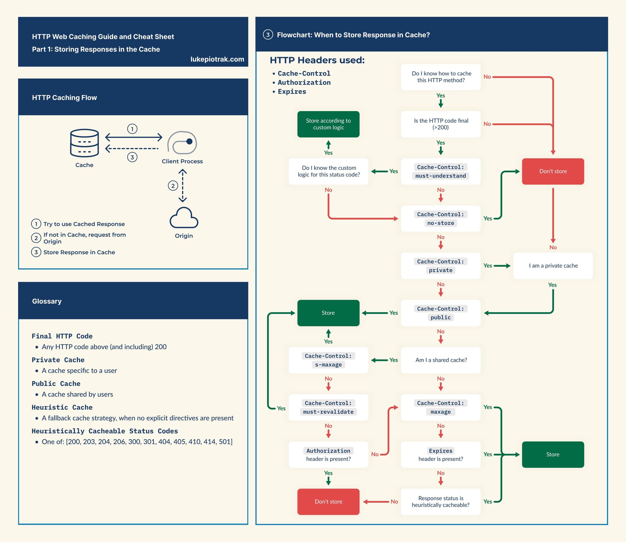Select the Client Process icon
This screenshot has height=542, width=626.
182,142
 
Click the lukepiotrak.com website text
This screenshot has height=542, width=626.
217,59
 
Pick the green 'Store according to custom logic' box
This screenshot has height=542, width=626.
328,124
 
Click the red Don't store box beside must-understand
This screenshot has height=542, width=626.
553,171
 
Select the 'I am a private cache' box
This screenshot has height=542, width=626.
553,266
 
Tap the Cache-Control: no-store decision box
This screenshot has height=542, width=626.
440,219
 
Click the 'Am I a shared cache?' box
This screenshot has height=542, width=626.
440,360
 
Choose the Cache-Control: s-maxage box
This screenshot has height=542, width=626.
328,360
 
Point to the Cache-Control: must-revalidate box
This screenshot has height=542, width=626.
328,407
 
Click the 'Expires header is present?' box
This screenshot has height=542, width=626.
440,454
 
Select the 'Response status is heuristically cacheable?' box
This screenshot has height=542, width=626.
440,502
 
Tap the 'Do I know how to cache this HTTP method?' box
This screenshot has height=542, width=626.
440,77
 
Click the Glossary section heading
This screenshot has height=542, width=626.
47,301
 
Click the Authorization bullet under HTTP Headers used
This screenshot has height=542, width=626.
304,83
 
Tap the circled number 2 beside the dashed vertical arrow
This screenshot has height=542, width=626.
173,186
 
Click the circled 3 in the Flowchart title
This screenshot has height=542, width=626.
268,35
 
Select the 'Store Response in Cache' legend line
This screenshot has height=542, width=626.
79,252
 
